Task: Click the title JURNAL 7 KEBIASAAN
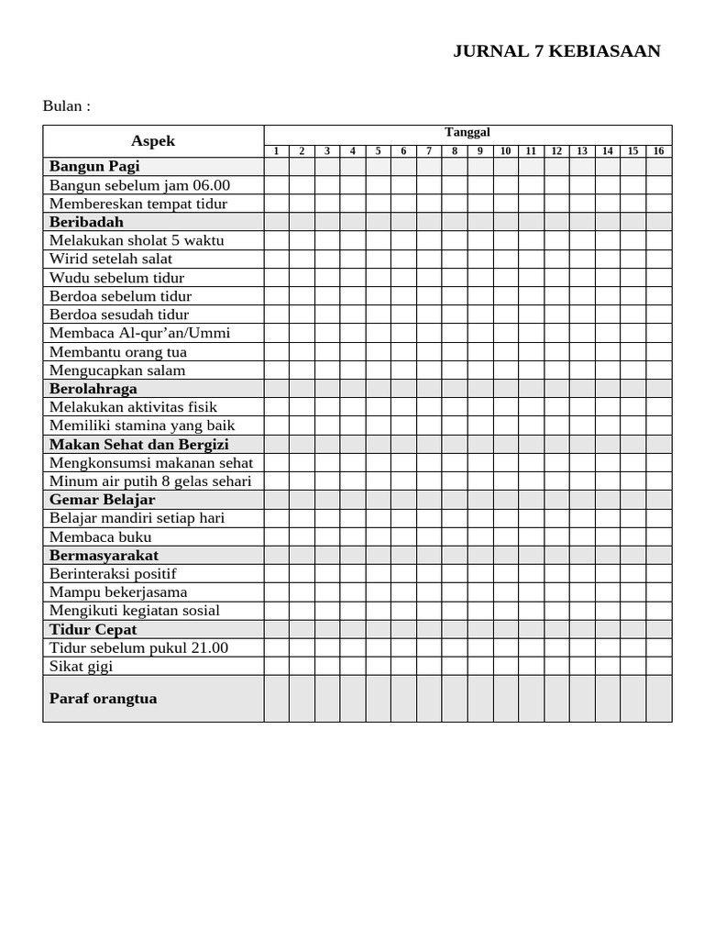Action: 556,51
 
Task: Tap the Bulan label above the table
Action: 67,105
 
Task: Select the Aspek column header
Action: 153,141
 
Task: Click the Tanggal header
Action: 467,132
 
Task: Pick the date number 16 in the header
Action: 658,151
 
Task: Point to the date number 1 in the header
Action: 276,151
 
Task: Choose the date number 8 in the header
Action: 454,151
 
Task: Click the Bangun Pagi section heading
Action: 94,167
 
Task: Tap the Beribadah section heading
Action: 86,222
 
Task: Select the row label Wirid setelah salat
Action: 111,259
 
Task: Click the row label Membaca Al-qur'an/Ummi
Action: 139,333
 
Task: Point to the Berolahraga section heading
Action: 93,389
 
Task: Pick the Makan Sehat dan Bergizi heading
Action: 139,445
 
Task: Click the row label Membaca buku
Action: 101,537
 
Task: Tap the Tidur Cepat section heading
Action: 93,630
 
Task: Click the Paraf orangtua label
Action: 103,699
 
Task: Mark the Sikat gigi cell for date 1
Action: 277,667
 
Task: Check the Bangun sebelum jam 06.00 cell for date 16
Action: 658,185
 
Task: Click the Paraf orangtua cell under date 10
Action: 505,699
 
